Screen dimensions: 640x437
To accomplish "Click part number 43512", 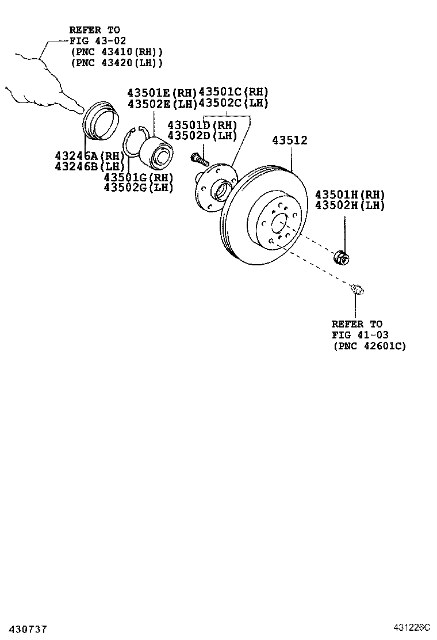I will pos(290,140).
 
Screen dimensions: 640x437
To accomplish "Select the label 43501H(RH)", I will pos(350,195).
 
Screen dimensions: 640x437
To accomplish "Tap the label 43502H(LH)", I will pos(350,205).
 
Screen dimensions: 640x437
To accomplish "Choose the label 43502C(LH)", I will pos(233,103).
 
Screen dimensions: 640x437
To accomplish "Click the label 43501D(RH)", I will pos(202,125).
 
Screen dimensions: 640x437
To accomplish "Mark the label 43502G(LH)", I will pos(138,187).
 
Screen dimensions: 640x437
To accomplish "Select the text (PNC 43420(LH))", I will pos(117,63).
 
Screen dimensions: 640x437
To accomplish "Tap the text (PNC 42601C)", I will pos(369,346).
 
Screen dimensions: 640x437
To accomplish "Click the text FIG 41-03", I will pos(356,335).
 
